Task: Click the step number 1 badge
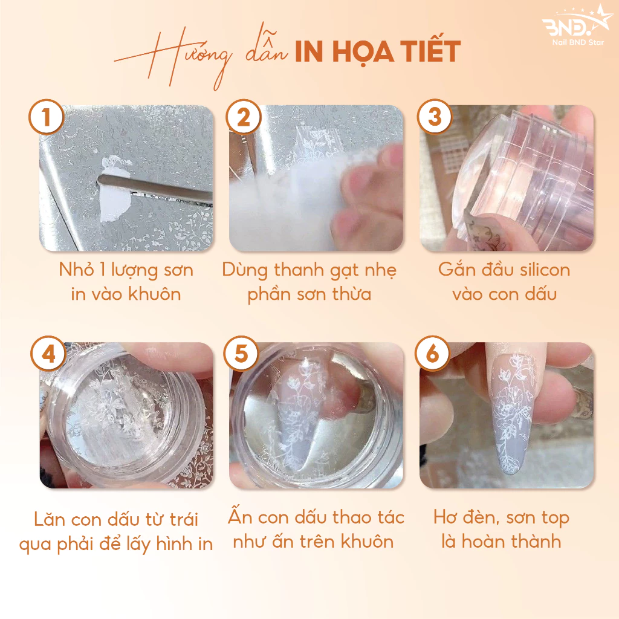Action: pos(46,117)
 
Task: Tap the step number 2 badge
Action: pos(244,117)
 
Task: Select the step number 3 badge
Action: pos(435,117)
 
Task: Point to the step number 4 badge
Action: pos(48,353)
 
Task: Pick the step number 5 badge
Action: pos(241,353)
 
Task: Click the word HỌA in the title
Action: pos(363,53)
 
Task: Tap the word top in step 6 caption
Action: pos(555,518)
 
